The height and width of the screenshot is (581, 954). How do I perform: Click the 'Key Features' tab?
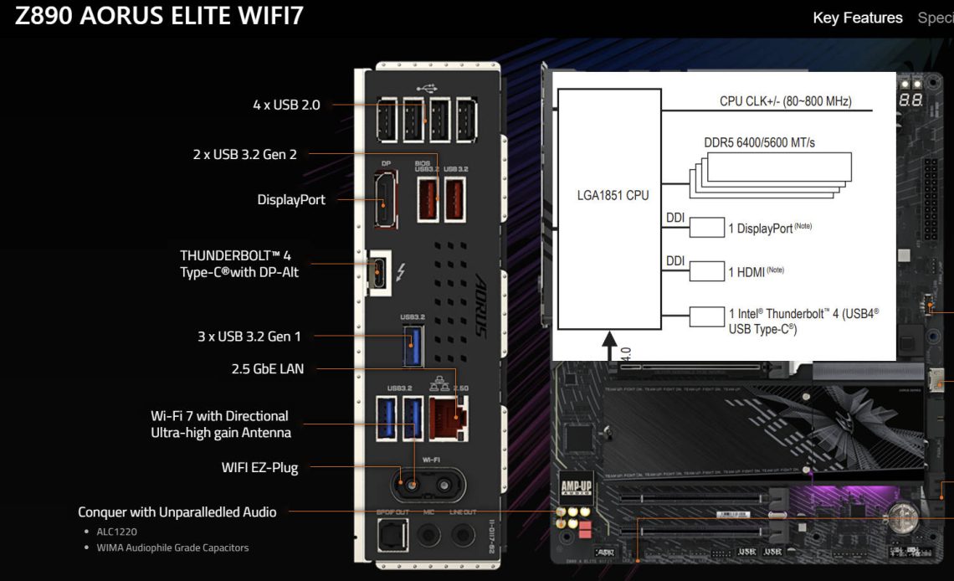point(857,18)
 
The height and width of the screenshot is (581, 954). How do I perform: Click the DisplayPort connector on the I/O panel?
point(386,200)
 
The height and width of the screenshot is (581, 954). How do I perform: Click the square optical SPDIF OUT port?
point(392,534)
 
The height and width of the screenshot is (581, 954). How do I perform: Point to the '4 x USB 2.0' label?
point(286,105)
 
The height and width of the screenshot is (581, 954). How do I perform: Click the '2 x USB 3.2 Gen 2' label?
point(244,154)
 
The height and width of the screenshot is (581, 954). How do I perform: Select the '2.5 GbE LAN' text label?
point(267,368)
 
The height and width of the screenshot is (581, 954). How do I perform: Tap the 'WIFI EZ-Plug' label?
point(259,467)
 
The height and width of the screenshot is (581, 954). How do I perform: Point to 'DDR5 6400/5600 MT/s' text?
point(759,143)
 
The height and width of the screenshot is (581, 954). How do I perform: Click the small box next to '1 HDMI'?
point(706,270)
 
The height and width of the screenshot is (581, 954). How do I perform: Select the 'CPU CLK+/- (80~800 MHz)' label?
point(785,101)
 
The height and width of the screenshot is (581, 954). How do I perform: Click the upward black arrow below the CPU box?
point(610,343)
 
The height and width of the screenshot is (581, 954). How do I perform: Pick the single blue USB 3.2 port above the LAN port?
point(412,345)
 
